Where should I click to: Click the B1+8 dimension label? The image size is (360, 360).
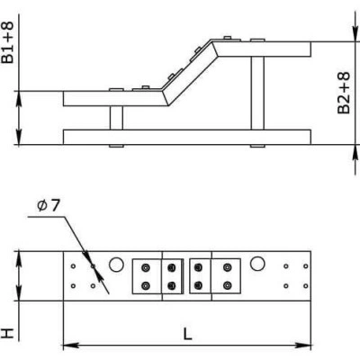click(x=7, y=42)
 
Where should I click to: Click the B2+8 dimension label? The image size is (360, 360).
click(x=344, y=93)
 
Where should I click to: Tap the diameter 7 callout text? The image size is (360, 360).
click(x=49, y=205)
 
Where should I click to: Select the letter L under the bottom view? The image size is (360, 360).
click(x=187, y=334)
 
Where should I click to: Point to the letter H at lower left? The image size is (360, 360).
click(x=8, y=333)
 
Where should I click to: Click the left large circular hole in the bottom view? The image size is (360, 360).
click(x=116, y=265)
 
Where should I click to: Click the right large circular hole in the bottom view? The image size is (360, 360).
click(x=257, y=264)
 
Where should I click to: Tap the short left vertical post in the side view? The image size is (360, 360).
click(x=116, y=118)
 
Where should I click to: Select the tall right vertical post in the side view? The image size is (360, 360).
click(x=257, y=93)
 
